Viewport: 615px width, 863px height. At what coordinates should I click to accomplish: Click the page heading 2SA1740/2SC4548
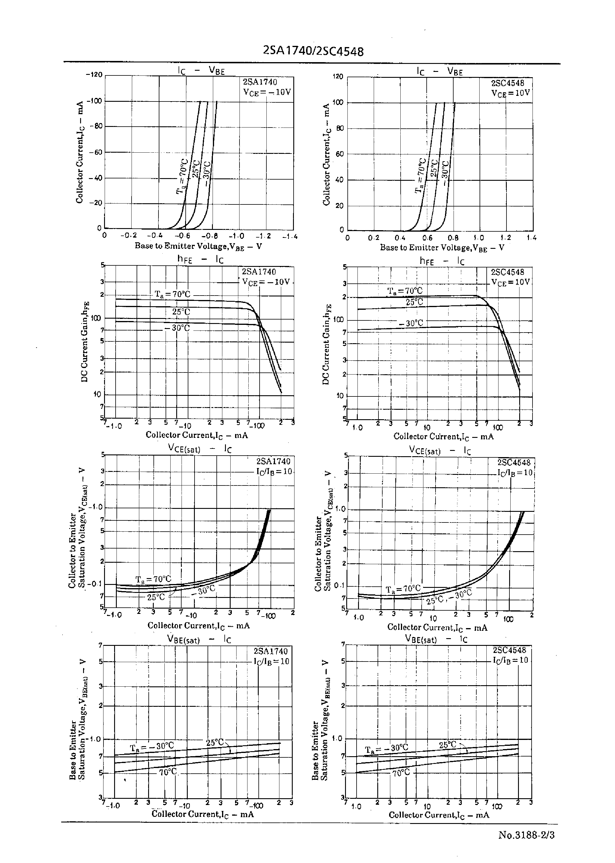pyautogui.click(x=313, y=51)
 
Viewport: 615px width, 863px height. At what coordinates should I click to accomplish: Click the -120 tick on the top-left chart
pyautogui.click(x=94, y=74)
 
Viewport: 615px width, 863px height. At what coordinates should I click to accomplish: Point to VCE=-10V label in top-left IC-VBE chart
pyautogui.click(x=267, y=92)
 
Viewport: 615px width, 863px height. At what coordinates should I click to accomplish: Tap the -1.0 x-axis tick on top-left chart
pyautogui.click(x=238, y=236)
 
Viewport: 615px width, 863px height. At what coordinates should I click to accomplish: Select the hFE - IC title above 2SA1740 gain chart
pyautogui.click(x=200, y=259)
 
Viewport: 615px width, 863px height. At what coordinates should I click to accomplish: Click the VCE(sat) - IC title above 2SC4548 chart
pyautogui.click(x=440, y=451)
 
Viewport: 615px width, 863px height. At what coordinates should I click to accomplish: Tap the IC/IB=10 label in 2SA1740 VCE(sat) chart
pyautogui.click(x=274, y=472)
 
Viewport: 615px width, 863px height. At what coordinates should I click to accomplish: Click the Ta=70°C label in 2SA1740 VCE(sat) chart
pyautogui.click(x=153, y=579)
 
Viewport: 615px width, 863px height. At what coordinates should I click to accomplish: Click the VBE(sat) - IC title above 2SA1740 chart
pyautogui.click(x=199, y=639)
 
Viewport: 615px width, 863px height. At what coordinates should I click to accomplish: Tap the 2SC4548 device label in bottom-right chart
pyautogui.click(x=509, y=650)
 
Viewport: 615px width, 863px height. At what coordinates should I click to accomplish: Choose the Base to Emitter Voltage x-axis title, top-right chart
pyautogui.click(x=442, y=248)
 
